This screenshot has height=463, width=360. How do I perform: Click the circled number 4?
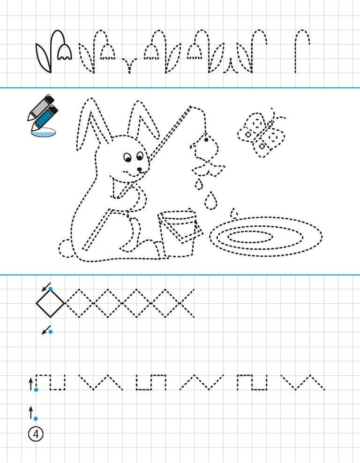(36, 434)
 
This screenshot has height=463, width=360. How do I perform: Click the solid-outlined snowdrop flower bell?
(65, 52)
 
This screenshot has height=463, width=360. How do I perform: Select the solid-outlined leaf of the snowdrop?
(43, 58)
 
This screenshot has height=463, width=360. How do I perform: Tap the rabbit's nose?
(139, 169)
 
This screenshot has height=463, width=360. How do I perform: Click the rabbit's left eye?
(127, 157)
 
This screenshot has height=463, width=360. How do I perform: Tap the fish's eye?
(206, 139)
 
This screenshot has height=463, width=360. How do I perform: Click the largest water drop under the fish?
(210, 201)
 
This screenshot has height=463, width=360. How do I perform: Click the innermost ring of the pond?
(250, 237)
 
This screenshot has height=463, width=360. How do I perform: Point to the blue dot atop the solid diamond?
(51, 289)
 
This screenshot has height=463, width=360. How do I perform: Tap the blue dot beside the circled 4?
(36, 418)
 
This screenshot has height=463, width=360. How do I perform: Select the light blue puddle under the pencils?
(44, 134)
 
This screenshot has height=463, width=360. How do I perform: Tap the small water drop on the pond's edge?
(234, 213)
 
